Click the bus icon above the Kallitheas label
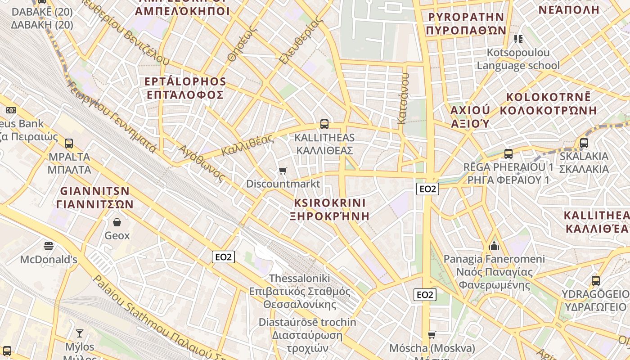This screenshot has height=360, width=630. point(324,124)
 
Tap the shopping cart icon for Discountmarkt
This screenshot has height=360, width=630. point(283,171)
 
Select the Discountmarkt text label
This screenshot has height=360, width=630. point(283,184)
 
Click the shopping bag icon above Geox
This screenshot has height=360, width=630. point(117,222)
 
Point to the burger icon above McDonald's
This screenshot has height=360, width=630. point(49,246)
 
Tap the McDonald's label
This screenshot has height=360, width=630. point(49,260)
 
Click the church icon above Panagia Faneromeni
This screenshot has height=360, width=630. point(494,246)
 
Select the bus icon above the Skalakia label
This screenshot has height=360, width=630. point(584,143)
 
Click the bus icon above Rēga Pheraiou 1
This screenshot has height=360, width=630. point(508,154)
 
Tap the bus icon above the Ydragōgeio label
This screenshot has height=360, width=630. point(596,280)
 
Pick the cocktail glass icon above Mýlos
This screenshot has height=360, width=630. point(80,333)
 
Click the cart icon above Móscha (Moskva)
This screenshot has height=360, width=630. point(432,335)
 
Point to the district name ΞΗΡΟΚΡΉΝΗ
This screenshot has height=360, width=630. point(330,216)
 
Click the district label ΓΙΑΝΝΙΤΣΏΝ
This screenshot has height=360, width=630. point(95,204)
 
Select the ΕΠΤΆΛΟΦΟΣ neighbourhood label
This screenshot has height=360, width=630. point(185,94)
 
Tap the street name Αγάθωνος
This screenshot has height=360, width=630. point(201,163)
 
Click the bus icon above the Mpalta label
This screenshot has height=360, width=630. point(69,144)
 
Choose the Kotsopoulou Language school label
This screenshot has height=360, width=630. point(518,59)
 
